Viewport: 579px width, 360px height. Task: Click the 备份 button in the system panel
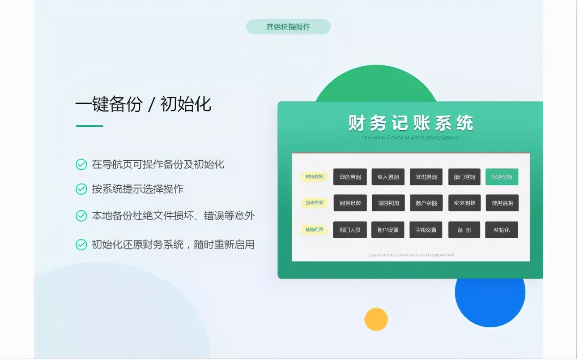pyautogui.click(x=464, y=230)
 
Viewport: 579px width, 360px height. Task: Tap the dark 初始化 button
pyautogui.click(x=502, y=230)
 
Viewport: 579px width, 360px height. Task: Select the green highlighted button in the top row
pyautogui.click(x=502, y=177)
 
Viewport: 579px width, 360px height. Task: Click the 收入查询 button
pyautogui.click(x=388, y=177)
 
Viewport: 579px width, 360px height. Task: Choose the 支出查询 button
pyautogui.click(x=426, y=177)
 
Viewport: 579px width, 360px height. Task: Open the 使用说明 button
pyautogui.click(x=502, y=203)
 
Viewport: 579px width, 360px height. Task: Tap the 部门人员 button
pyautogui.click(x=350, y=230)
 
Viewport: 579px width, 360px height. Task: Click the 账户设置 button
pyautogui.click(x=388, y=230)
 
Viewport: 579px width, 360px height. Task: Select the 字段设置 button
pyautogui.click(x=426, y=230)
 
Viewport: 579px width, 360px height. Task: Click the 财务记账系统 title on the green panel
pyautogui.click(x=410, y=123)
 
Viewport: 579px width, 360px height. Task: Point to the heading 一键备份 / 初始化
pyautogui.click(x=143, y=105)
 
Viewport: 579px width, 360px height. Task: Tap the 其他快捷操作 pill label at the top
pyautogui.click(x=288, y=27)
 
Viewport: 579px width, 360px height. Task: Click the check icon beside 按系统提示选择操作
pyautogui.click(x=81, y=189)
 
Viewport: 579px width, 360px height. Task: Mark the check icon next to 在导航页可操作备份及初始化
pyautogui.click(x=81, y=164)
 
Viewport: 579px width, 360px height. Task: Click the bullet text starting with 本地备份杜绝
pyautogui.click(x=173, y=216)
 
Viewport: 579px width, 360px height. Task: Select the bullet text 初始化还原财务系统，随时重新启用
pyautogui.click(x=173, y=244)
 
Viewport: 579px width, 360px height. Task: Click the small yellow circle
pyautogui.click(x=376, y=319)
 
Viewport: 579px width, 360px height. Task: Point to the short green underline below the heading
pyautogui.click(x=89, y=126)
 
